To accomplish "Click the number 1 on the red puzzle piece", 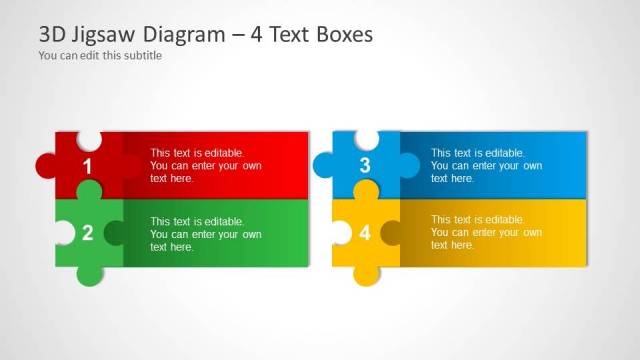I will (87, 166).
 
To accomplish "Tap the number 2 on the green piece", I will (87, 233).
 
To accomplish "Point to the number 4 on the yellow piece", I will (365, 233).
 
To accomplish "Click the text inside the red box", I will (206, 165).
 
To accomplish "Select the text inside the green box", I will (206, 234).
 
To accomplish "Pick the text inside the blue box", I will (486, 165).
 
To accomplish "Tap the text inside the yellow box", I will (486, 232).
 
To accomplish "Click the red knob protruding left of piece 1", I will (46, 165).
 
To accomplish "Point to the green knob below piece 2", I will (88, 274).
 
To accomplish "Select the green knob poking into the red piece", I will (89, 191).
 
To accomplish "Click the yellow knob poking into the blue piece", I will (366, 189).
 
